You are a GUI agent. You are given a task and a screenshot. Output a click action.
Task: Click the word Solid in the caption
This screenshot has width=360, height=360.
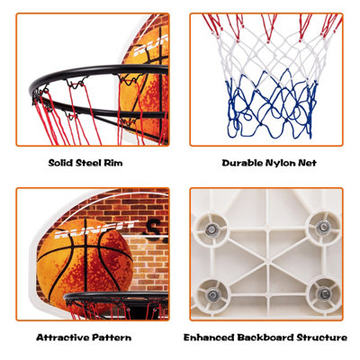click(60, 163)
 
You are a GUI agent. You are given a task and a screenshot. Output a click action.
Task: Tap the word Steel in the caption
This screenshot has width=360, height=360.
click(88, 163)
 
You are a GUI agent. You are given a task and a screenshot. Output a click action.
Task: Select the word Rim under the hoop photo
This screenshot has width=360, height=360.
click(113, 163)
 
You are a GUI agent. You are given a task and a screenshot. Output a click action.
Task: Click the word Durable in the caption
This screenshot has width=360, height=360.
click(243, 163)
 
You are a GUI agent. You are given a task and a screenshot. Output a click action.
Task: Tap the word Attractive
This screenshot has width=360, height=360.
click(63, 337)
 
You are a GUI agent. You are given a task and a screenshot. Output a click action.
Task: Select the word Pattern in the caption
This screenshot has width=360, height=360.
click(112, 337)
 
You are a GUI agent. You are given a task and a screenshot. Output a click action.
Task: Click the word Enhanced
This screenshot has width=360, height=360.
click(209, 337)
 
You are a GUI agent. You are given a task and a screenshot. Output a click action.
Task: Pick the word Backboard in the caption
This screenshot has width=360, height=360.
click(265, 337)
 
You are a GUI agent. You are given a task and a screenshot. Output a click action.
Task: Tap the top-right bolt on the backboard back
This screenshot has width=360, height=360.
click(324, 227)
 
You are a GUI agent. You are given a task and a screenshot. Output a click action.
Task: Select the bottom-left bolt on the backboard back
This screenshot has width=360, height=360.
click(212, 295)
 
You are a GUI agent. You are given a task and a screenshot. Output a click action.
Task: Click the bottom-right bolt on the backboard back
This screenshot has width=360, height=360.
click(324, 293)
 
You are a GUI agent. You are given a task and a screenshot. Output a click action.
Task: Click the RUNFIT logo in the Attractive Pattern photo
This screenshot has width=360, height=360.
click(95, 230)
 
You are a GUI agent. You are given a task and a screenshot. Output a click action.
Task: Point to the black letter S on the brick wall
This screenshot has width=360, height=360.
click(155, 228)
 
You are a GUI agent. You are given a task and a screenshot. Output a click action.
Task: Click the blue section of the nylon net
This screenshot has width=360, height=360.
click(271, 106)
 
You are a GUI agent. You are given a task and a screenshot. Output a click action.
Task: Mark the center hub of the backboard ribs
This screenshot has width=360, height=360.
click(267, 261)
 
